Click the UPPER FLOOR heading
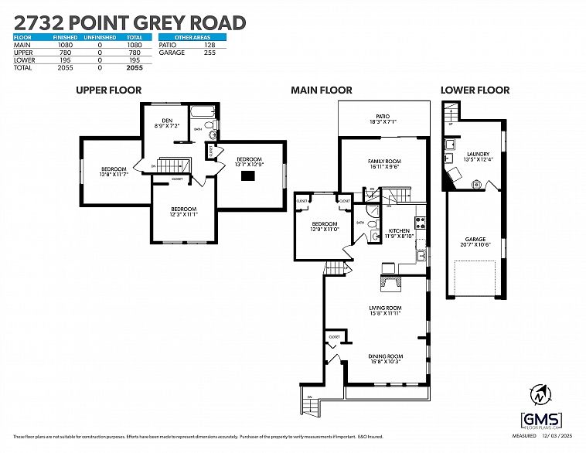(x=108, y=90)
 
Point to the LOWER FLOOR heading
(x=475, y=90)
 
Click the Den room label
(x=166, y=121)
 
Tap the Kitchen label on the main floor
(x=398, y=233)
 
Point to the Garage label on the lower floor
(x=475, y=241)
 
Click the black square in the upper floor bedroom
(x=247, y=176)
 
